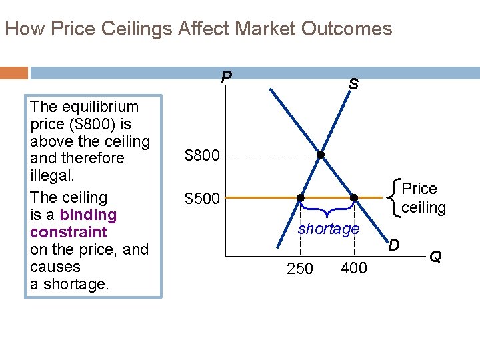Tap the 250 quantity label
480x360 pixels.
(300, 269)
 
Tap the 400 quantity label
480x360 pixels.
(353, 268)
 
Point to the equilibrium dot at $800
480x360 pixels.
(321, 155)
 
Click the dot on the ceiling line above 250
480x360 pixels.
(300, 198)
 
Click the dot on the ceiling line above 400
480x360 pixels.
(354, 198)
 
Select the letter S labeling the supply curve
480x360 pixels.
(353, 85)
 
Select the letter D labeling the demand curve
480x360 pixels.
(394, 245)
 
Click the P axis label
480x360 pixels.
(227, 77)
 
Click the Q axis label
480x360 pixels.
(435, 256)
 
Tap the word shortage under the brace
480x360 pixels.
(329, 229)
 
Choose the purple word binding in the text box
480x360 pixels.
(88, 215)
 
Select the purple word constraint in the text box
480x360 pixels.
(69, 232)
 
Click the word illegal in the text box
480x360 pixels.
(53, 176)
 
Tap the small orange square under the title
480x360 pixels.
(14, 72)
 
